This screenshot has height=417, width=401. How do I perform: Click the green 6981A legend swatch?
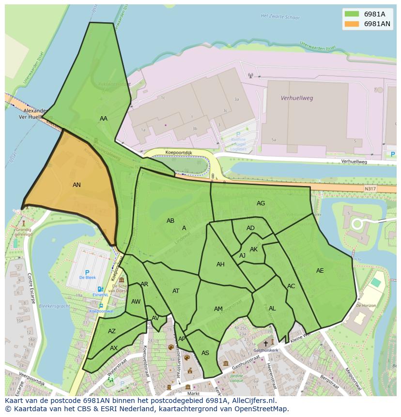pos(352,14)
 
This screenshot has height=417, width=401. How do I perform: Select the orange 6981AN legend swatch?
pos(352,24)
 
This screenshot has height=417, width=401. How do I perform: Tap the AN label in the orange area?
pos(77,185)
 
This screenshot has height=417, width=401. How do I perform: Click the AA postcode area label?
pos(104,119)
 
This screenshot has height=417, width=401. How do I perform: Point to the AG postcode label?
pos(261,203)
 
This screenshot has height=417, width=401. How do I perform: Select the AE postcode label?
pos(320,271)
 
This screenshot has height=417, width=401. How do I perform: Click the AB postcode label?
pos(170,221)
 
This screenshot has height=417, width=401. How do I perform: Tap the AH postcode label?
pos(220,264)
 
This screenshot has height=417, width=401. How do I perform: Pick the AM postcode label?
pos(218,309)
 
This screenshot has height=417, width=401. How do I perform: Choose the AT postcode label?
pos(176,291)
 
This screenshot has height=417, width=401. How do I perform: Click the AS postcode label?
pos(205,353)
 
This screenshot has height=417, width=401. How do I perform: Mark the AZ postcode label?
pos(112,331)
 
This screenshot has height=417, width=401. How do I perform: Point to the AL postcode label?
pos(272,309)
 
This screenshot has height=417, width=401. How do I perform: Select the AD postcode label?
pos(250,228)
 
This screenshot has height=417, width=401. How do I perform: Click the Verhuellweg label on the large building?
pos(297,98)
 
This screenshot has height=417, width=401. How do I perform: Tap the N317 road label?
pos(370,188)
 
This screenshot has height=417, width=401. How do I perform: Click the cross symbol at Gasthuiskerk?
pos(265,343)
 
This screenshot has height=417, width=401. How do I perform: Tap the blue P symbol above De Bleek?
pos(87,273)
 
